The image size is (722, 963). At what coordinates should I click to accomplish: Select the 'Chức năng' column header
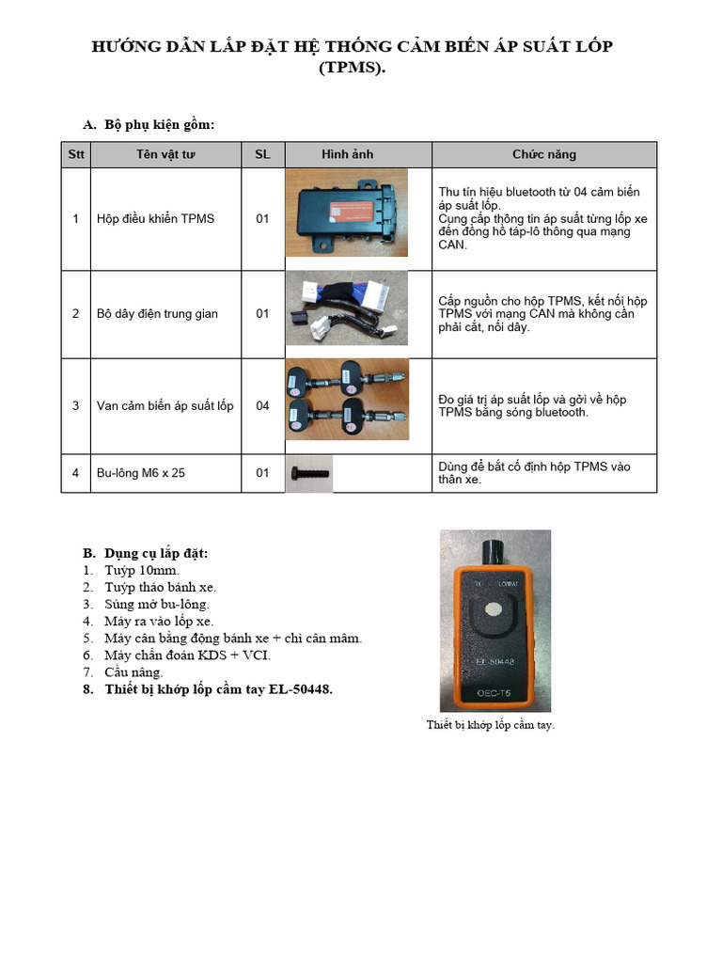(x=543, y=154)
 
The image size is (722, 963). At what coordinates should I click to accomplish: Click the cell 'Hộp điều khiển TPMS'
(x=155, y=219)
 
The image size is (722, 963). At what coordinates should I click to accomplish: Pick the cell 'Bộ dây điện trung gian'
(x=157, y=314)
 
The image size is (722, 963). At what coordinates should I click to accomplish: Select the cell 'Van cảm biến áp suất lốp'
(x=165, y=406)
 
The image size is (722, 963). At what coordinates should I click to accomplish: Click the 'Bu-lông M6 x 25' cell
(x=141, y=473)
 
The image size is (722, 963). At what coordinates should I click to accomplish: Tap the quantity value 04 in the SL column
(x=262, y=406)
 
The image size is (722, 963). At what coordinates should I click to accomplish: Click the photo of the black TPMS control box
(x=347, y=213)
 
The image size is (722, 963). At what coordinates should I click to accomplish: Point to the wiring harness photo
(x=347, y=309)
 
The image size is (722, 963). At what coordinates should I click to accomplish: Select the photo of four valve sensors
(x=347, y=401)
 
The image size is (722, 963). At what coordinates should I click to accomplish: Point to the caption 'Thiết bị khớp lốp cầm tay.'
(x=490, y=725)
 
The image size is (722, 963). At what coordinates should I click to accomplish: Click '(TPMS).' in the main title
(x=353, y=67)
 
